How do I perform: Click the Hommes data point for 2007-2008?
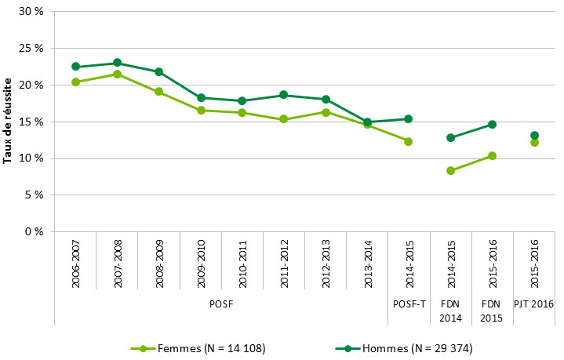pyautogui.click(x=117, y=63)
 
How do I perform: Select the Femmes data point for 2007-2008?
pyautogui.click(x=117, y=75)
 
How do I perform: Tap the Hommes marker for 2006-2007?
pyautogui.click(x=75, y=67)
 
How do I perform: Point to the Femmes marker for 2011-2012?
pyautogui.click(x=283, y=119)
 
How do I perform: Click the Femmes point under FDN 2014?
pyautogui.click(x=450, y=170)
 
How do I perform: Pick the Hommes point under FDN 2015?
pyautogui.click(x=492, y=124)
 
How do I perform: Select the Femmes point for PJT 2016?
pyautogui.click(x=534, y=142)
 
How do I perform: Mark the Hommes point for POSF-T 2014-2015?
pyautogui.click(x=408, y=119)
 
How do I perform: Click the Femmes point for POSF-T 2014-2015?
pyautogui.click(x=408, y=141)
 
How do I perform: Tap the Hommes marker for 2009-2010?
pyautogui.click(x=200, y=98)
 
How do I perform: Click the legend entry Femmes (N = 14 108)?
pyautogui.click(x=201, y=347)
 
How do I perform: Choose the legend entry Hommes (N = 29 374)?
pyautogui.click(x=408, y=347)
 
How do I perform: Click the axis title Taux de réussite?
pyautogui.click(x=8, y=120)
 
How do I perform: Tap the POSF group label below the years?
pyautogui.click(x=221, y=303)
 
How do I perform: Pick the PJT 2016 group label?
pyautogui.click(x=534, y=303)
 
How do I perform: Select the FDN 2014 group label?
pyautogui.click(x=450, y=309)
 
